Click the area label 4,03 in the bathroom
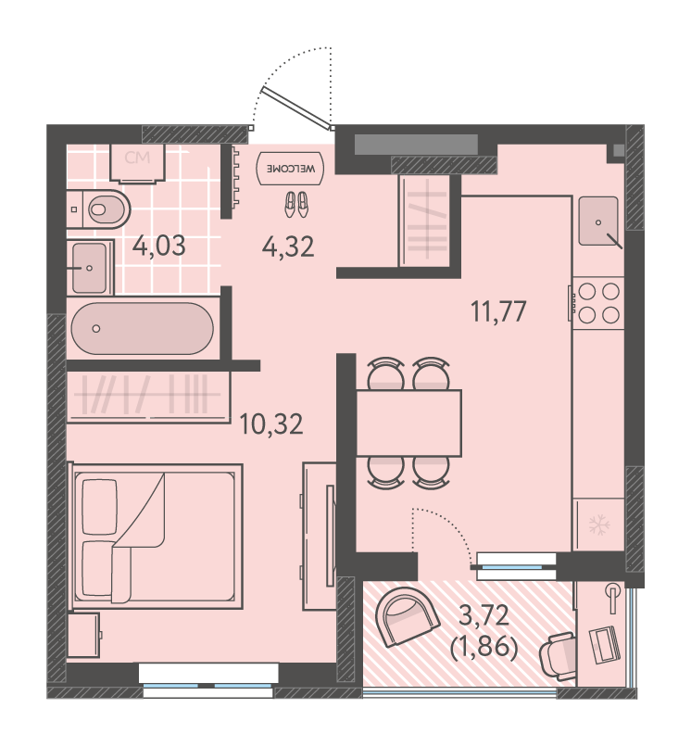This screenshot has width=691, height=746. coord(158,247)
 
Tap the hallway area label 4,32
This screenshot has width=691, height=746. coord(288,247)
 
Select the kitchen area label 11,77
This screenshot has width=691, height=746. coord(498,311)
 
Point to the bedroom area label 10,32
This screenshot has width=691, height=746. coord(271,424)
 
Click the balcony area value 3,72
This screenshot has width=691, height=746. coord(484,616)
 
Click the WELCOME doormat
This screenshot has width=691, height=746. coord(290,169)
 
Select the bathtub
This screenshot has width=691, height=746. coord(143,329)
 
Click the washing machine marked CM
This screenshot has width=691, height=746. coord(137,163)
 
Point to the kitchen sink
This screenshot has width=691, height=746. coord(599,221)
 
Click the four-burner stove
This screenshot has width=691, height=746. coord(597,303)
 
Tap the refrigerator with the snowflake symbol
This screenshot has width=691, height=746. coord(598,525)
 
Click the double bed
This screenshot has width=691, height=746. coord(156,537)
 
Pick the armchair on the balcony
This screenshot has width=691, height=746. coord(407,616)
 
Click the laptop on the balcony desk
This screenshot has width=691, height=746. coord(604,645)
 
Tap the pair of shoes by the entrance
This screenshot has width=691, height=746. coord(296,205)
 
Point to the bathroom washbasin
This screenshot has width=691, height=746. coord(90,269)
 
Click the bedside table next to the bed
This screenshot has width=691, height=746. coord(84,635)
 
